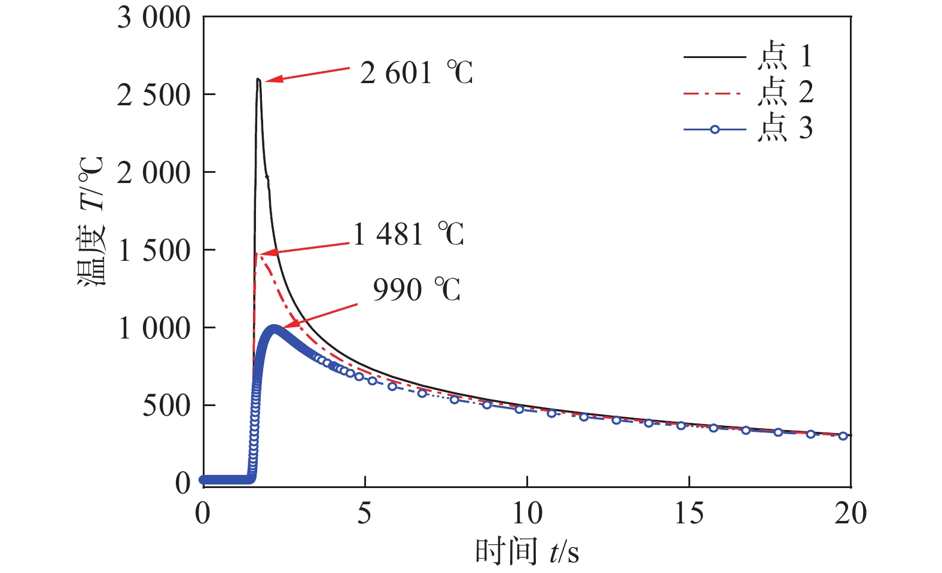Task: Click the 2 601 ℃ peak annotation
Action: point(416,74)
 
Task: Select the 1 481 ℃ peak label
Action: point(408,234)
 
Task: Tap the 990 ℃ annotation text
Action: point(416,289)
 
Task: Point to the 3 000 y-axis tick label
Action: point(154,18)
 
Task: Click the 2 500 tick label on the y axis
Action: point(154,95)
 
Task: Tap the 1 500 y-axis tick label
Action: point(154,251)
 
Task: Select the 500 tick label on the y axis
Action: point(166,406)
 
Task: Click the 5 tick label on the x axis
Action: point(364,513)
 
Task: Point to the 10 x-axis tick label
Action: point(527,513)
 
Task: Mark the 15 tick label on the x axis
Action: point(689,513)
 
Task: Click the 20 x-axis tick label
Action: point(850,513)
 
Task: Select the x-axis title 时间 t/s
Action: point(527,551)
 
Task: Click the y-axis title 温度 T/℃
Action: point(92,221)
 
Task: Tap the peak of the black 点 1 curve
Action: point(258,79)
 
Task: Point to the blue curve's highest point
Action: point(275,328)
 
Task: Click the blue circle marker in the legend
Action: point(715,129)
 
